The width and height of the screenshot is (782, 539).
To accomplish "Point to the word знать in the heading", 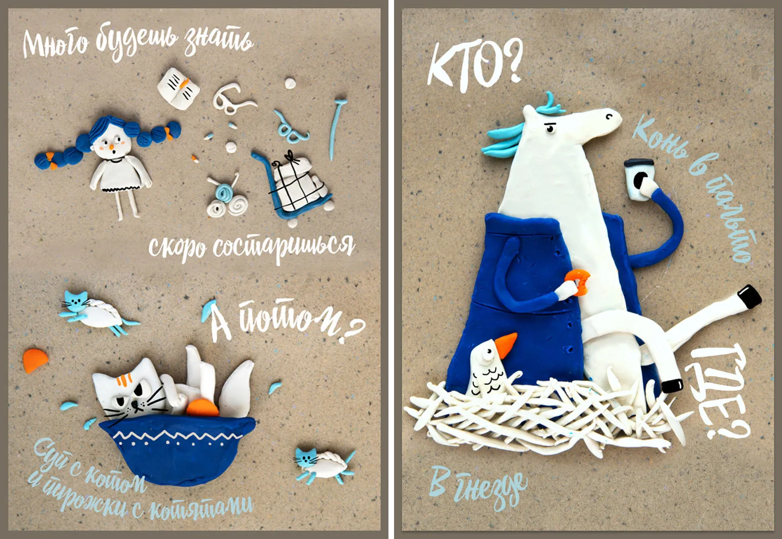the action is click(219, 40).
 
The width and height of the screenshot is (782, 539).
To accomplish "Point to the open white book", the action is click(178, 88).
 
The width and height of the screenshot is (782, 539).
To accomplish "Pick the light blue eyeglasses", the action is click(290, 128).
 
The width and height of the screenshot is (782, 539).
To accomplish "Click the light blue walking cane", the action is click(336, 129).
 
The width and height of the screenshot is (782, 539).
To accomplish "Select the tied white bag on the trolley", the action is click(300, 185).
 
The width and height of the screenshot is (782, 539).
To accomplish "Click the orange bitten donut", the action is click(578, 282).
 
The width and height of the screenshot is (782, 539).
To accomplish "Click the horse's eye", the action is click(550, 129).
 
